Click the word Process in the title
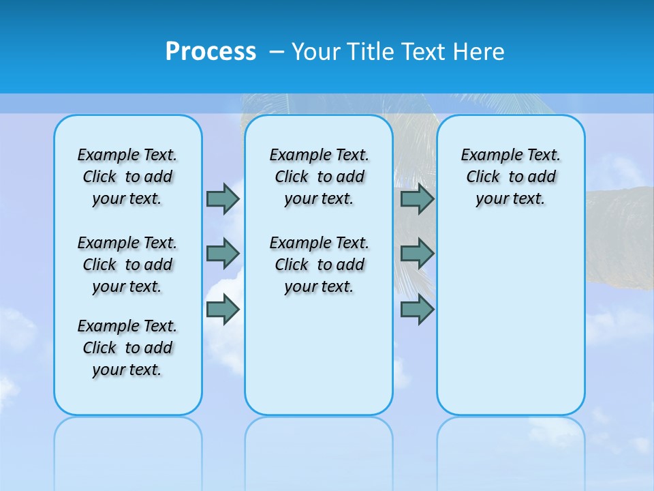[211, 51]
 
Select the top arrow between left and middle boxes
[223, 198]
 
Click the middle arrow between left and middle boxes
[223, 254]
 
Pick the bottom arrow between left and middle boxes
[223, 310]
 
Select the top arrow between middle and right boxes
[417, 198]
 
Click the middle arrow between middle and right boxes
[417, 254]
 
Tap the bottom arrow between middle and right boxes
[417, 310]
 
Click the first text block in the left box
[127, 177]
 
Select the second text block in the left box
[127, 265]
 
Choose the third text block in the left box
[127, 348]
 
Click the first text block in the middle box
[319, 177]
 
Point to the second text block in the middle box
[319, 265]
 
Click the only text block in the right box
[510, 177]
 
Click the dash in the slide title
[277, 52]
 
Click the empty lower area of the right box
[510, 327]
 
